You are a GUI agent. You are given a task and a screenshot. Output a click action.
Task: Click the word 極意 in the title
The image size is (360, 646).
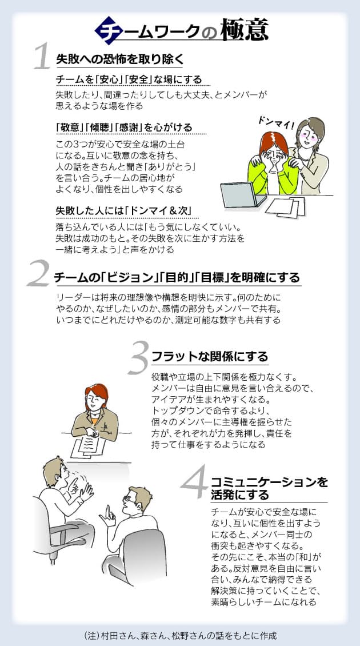[245, 30]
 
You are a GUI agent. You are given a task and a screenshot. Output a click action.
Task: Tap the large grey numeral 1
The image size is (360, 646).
[42, 57]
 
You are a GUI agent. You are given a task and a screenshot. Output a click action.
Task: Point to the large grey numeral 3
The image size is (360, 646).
[138, 356]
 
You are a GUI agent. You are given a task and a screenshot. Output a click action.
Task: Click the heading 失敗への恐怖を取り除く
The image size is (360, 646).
[119, 59]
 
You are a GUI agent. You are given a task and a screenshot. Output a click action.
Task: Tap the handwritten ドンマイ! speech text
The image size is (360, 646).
[275, 123]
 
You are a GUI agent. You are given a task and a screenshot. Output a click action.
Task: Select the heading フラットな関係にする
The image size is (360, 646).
[210, 356]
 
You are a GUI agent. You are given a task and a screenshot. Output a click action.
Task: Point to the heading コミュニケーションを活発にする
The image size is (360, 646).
[269, 488]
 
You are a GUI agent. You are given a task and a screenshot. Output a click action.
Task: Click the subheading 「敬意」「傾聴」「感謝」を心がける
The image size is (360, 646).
[124, 127]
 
